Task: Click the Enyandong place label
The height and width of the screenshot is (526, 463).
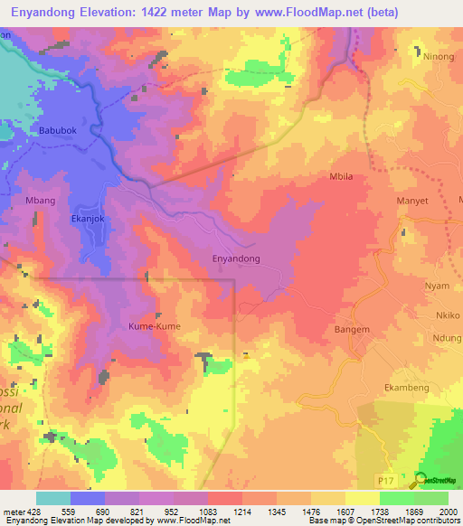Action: [x=236, y=258]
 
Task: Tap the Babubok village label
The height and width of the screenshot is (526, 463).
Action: [x=58, y=131]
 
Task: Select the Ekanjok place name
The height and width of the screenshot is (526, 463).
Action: [x=89, y=218]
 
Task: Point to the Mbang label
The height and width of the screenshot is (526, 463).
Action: [x=41, y=200]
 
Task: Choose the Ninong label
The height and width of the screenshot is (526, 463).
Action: [x=439, y=56]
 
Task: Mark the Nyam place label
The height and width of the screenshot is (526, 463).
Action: [x=438, y=286]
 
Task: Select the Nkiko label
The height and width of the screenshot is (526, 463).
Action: [x=448, y=315]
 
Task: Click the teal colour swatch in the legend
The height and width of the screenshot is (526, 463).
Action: [x=53, y=498]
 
